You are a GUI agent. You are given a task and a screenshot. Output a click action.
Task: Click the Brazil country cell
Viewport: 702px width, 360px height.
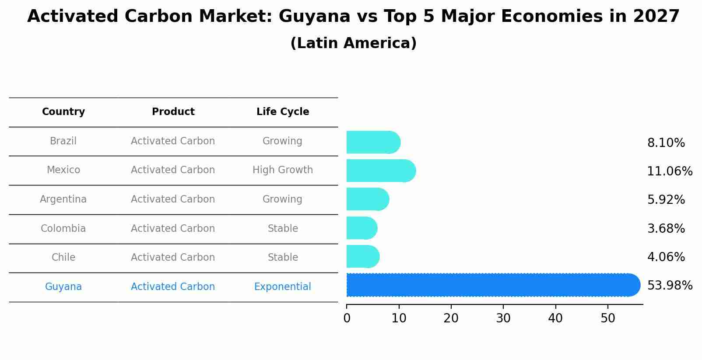click(x=63, y=141)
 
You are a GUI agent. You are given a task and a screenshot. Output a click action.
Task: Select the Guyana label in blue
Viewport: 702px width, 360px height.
click(x=63, y=287)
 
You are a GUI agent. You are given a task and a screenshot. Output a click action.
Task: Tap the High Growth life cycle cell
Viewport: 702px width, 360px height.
click(x=283, y=170)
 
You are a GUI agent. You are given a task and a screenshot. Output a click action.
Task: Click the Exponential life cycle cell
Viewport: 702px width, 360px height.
click(x=283, y=287)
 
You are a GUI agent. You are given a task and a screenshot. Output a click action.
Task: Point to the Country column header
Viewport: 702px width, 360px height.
click(x=63, y=112)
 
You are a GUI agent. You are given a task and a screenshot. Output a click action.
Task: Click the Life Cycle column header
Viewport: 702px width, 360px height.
click(x=283, y=112)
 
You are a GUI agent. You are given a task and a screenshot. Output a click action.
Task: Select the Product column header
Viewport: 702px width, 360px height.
click(x=173, y=112)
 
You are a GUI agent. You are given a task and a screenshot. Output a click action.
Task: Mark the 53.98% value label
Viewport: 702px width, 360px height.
click(x=670, y=286)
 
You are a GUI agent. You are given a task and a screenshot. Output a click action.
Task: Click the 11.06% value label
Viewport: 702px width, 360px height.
click(x=670, y=171)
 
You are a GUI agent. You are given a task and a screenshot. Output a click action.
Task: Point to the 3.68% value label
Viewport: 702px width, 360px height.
click(x=666, y=229)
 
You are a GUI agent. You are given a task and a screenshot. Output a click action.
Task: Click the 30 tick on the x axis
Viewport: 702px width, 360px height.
click(x=503, y=318)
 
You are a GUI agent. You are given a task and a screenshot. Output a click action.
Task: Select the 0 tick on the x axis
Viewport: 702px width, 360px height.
click(x=347, y=318)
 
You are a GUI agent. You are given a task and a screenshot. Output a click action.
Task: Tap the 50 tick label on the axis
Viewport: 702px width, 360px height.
click(x=608, y=318)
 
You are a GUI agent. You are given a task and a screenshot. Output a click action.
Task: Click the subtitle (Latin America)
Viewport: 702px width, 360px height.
click(x=353, y=43)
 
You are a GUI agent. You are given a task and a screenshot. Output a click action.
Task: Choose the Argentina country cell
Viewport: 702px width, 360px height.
click(x=63, y=199)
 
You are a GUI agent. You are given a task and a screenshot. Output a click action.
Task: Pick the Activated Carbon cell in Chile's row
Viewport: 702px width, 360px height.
click(x=173, y=258)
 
